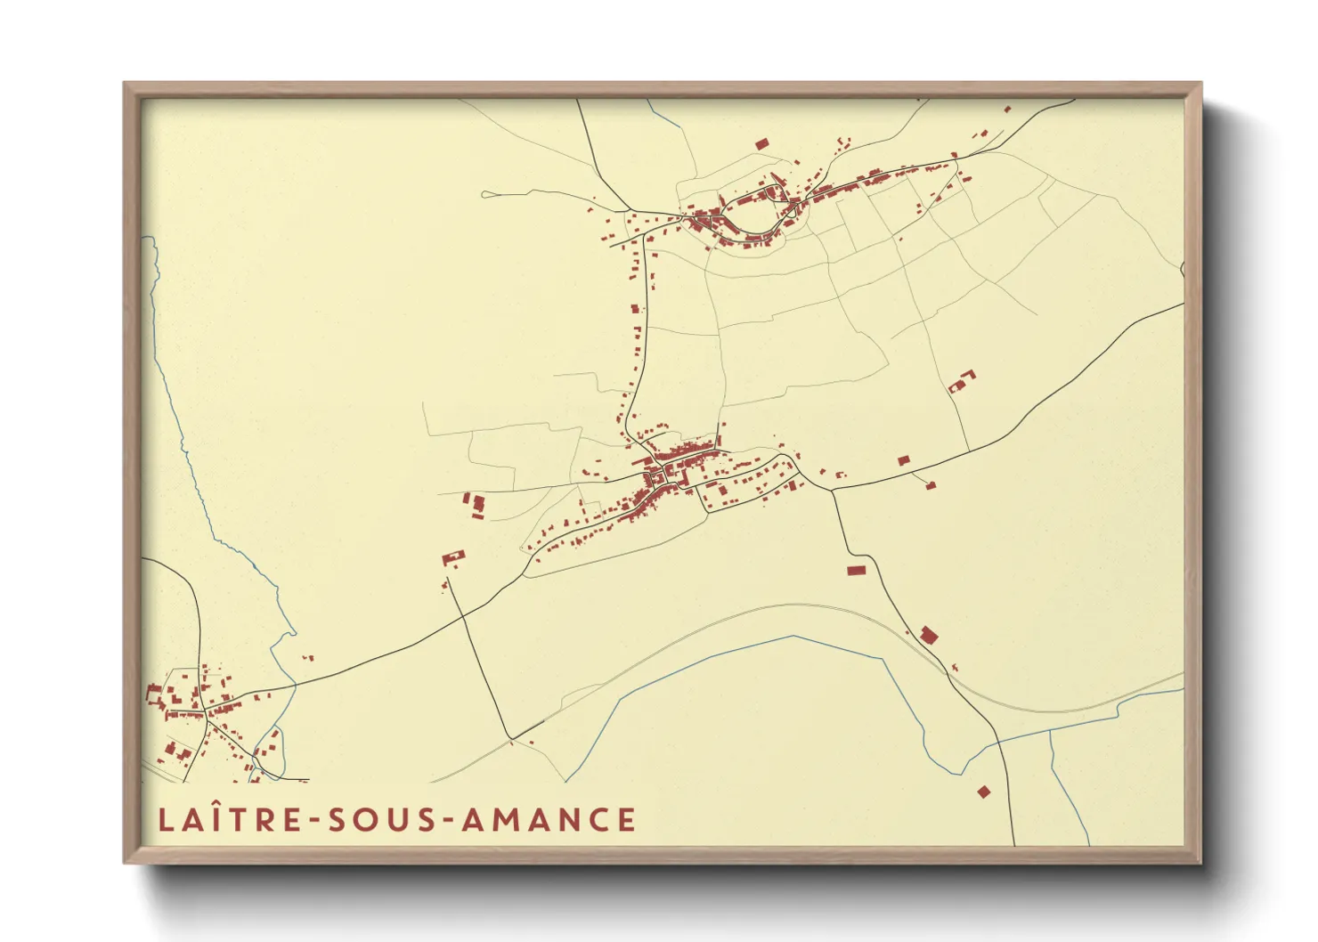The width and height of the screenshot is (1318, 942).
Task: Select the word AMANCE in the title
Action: pyautogui.click(x=549, y=820)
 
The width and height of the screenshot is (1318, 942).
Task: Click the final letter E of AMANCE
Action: pyautogui.click(x=628, y=820)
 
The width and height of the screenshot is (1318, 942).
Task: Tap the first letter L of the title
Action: pyautogui.click(x=165, y=820)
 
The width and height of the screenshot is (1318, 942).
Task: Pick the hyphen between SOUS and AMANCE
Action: pyautogui.click(x=447, y=821)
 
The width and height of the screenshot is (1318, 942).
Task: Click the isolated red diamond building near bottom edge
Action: pyautogui.click(x=983, y=791)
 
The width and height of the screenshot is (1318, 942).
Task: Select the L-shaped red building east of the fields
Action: pyautogui.click(x=961, y=383)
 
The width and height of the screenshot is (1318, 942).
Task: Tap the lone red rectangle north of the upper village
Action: pyautogui.click(x=761, y=143)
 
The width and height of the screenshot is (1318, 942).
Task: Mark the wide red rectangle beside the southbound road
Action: pyautogui.click(x=856, y=570)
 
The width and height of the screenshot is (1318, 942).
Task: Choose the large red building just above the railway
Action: pyautogui.click(x=929, y=635)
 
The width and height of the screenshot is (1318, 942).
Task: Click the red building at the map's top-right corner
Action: pyautogui.click(x=1007, y=110)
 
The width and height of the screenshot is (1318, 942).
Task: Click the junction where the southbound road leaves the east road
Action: pyautogui.click(x=832, y=490)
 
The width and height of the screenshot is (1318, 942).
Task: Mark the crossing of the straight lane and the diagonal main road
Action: pyautogui.click(x=463, y=614)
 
